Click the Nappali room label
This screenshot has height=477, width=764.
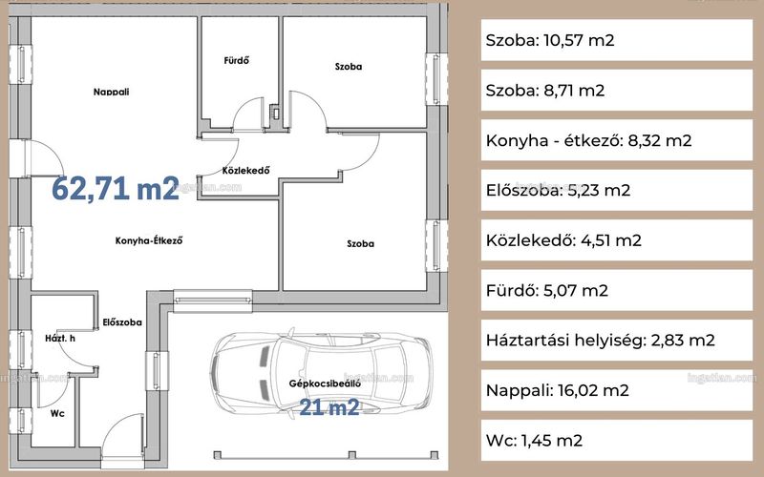[111, 92]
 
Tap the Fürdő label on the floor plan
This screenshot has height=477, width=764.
[236, 60]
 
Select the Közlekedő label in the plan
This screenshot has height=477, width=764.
[245, 171]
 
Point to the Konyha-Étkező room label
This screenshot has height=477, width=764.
[149, 240]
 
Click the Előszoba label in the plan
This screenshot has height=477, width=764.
[122, 322]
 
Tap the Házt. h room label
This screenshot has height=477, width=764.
[60, 338]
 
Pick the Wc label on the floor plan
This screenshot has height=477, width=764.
[57, 413]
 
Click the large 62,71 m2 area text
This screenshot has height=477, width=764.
[116, 188]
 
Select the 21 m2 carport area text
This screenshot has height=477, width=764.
[329, 407]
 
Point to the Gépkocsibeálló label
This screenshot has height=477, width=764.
[325, 384]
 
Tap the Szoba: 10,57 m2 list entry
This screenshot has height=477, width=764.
[550, 40]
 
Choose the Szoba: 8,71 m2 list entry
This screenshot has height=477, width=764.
[544, 91]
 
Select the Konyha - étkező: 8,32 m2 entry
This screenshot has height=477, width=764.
[588, 140]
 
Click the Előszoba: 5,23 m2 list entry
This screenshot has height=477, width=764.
[558, 190]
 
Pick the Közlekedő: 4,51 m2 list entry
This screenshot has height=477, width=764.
[563, 240]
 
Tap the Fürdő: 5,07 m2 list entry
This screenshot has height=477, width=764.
[546, 291]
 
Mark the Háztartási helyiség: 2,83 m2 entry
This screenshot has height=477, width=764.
[601, 341]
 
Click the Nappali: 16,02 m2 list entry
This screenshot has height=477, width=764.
[558, 390]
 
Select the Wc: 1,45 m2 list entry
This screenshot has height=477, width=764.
[534, 441]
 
